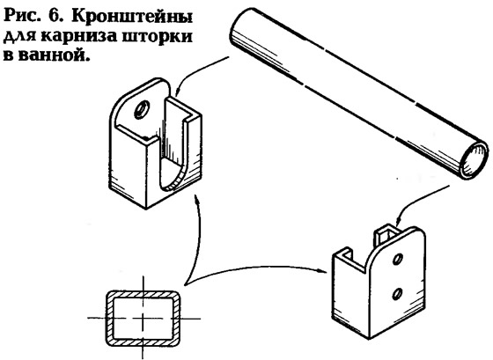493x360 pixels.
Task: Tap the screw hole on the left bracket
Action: (x=141, y=110)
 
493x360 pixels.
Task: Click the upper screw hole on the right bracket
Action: (x=398, y=259)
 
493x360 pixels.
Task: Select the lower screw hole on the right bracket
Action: (x=397, y=293)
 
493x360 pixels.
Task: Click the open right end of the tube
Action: (x=474, y=159)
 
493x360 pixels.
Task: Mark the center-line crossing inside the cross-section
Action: (x=143, y=318)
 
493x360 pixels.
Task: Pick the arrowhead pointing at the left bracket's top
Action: (x=178, y=92)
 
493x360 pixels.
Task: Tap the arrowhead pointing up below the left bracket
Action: (x=196, y=199)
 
